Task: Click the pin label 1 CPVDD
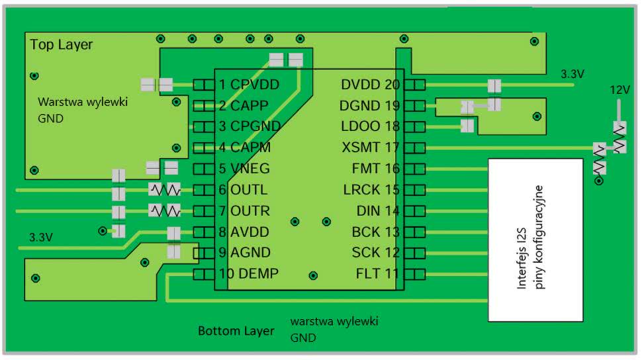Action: [249, 85]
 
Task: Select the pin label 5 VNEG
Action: [244, 169]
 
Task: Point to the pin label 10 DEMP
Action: [249, 274]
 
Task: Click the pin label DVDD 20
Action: [371, 85]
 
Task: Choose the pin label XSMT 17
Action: [371, 148]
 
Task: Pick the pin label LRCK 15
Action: [371, 190]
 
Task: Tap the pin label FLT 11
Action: [378, 274]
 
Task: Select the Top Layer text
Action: [62, 45]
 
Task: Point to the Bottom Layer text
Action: [236, 330]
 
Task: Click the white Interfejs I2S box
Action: [537, 240]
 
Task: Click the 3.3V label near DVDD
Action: [573, 74]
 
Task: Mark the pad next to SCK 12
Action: [414, 253]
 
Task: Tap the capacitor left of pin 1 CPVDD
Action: [157, 85]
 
